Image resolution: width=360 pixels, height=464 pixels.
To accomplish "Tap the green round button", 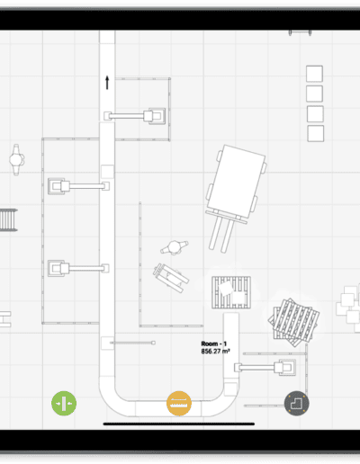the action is [64, 403].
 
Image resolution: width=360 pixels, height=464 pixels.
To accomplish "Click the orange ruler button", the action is [179, 403].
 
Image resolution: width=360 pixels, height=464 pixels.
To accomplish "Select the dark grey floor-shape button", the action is [297, 403].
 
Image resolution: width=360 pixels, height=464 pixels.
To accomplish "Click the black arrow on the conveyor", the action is [107, 83].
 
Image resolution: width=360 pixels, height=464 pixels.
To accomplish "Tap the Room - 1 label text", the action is [214, 344].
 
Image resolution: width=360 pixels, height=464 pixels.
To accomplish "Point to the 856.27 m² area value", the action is [215, 351].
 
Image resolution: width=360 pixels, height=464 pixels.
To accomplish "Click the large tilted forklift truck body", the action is [236, 182].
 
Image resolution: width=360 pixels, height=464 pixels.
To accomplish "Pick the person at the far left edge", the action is [16, 159].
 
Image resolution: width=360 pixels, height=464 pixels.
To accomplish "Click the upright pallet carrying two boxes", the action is [231, 292].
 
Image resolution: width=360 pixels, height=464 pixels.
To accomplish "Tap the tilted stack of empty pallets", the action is [293, 323].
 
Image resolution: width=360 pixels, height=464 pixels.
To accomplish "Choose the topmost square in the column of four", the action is [314, 74].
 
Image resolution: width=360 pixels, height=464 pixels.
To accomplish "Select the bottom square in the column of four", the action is [316, 133].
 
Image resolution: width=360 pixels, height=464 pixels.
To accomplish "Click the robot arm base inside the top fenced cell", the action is [157, 116].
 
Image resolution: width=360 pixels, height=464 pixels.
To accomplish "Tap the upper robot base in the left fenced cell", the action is [57, 186].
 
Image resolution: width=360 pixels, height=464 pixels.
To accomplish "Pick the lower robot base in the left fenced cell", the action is [57, 268].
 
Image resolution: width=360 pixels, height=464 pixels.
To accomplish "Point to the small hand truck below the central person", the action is [171, 278].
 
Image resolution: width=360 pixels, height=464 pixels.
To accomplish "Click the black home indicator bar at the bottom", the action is [179, 424].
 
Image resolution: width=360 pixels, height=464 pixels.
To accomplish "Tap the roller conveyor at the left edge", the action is [8, 220].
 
